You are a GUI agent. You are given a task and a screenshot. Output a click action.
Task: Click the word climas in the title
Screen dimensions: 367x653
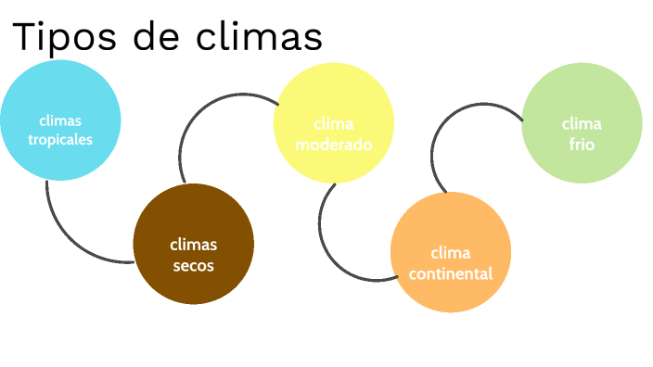[260, 37]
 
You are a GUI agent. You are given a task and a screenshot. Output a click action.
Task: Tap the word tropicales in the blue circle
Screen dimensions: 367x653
[60, 140]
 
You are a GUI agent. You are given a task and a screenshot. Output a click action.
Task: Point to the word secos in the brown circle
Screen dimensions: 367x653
[193, 265]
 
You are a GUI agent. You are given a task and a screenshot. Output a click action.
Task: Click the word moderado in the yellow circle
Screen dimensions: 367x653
[334, 145]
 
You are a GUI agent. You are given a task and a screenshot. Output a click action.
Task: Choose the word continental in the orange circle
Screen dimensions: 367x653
[450, 273]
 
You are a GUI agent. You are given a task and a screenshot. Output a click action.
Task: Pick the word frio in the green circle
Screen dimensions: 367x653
[582, 145]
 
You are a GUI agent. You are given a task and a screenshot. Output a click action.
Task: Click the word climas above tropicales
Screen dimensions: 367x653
[60, 120]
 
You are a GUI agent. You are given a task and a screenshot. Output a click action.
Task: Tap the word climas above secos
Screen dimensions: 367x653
[193, 245]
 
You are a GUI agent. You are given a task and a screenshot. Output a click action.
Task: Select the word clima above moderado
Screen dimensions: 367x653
[334, 124]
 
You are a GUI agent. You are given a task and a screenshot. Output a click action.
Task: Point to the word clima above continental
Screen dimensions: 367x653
[451, 253]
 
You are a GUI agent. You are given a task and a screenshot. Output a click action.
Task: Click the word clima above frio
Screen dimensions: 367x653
[582, 124]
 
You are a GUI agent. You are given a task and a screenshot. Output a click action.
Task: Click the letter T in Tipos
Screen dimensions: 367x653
[25, 37]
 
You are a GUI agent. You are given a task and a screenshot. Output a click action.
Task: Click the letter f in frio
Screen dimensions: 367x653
[572, 145]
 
